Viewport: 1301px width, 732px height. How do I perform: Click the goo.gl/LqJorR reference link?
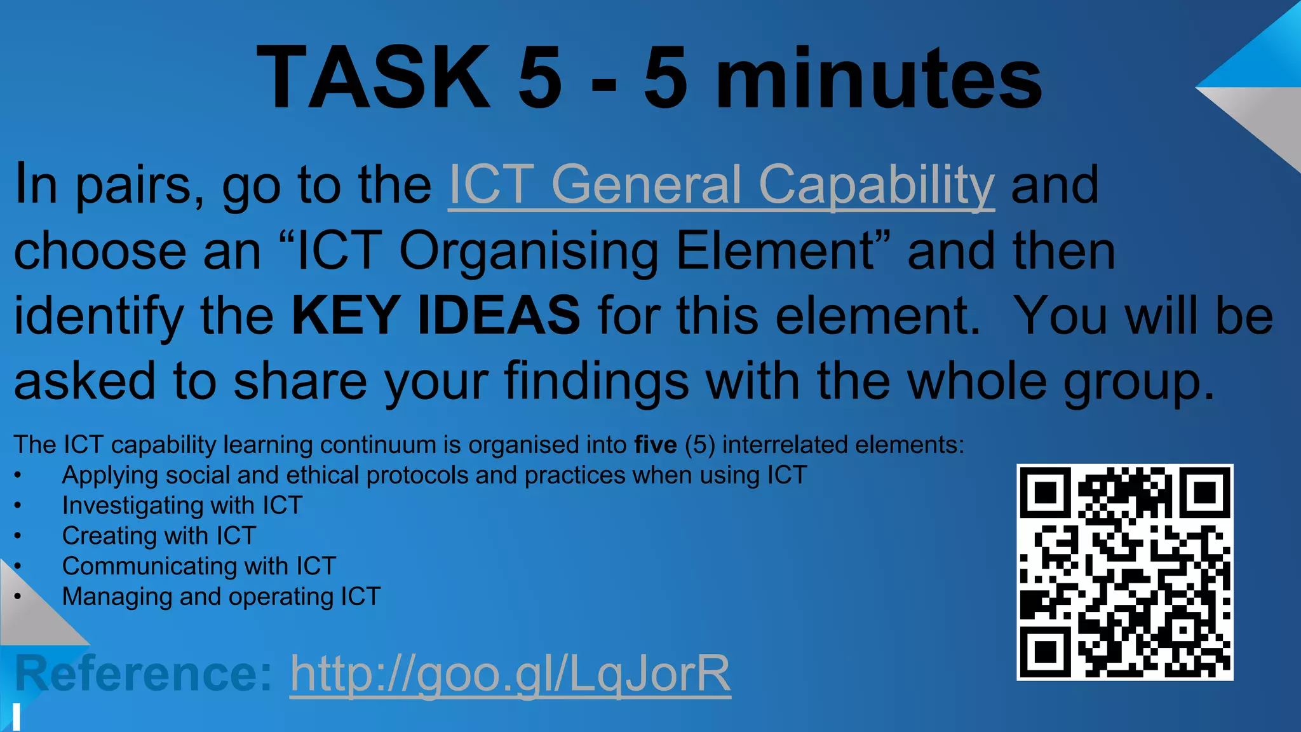(x=510, y=674)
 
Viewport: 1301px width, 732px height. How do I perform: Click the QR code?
(x=1124, y=572)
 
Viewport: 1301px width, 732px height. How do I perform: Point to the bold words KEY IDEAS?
(x=436, y=315)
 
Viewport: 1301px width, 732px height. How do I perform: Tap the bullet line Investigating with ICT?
(x=182, y=506)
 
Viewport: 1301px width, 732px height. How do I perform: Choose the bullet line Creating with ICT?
(x=159, y=536)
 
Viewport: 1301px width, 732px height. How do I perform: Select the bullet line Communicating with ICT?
(x=199, y=566)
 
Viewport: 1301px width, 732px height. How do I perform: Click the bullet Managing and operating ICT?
(x=221, y=597)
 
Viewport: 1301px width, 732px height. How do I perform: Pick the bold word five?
(x=656, y=445)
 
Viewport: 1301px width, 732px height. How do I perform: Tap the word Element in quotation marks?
(x=775, y=250)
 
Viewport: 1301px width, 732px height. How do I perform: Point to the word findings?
(x=596, y=381)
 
